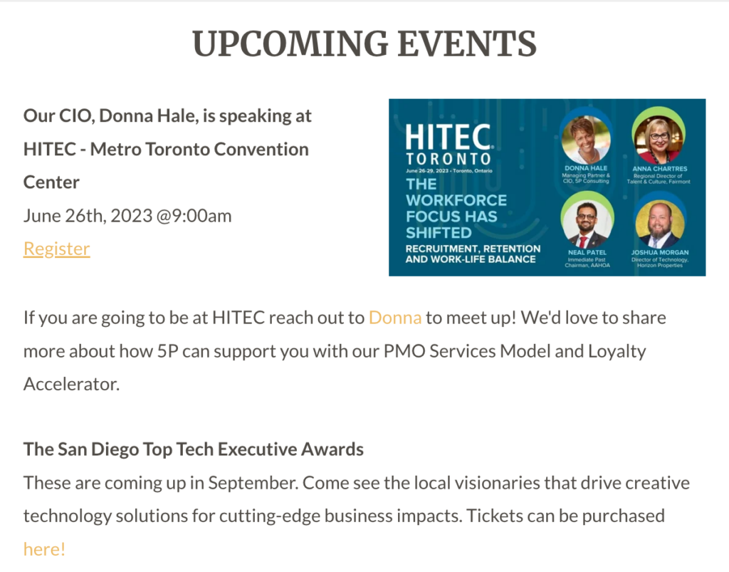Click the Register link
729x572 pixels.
click(57, 249)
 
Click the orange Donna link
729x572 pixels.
click(395, 318)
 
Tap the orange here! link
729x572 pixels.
click(44, 549)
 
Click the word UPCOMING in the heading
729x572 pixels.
click(290, 43)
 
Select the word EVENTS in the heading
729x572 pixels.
click(467, 43)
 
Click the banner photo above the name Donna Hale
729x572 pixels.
click(586, 140)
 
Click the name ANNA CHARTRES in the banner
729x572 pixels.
click(659, 169)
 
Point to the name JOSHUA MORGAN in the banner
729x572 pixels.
click(660, 252)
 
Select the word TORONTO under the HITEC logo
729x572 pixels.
click(449, 159)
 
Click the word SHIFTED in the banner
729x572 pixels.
click(439, 232)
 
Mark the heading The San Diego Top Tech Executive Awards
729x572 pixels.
click(194, 449)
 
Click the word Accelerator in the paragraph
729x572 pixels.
click(72, 384)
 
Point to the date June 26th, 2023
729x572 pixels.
click(88, 216)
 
